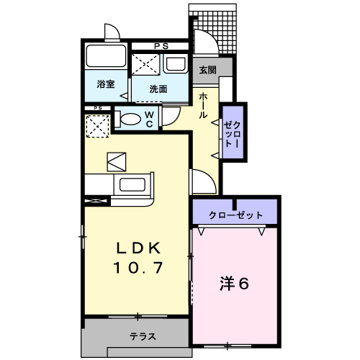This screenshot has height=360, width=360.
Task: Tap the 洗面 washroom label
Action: click(158, 89)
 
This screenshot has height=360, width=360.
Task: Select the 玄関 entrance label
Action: click(208, 70)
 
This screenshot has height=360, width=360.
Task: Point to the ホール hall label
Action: click(203, 104)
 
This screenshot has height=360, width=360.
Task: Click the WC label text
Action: click(148, 119)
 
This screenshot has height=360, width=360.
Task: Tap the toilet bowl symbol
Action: click(130, 119)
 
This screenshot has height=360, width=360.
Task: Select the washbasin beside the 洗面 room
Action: click(176, 64)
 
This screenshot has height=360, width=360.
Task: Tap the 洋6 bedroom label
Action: click(235, 283)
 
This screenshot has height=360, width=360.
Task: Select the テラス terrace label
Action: click(144, 336)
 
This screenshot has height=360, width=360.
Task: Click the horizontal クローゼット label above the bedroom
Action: click(235, 215)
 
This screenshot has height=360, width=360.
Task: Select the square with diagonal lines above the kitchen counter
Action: click(116, 161)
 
